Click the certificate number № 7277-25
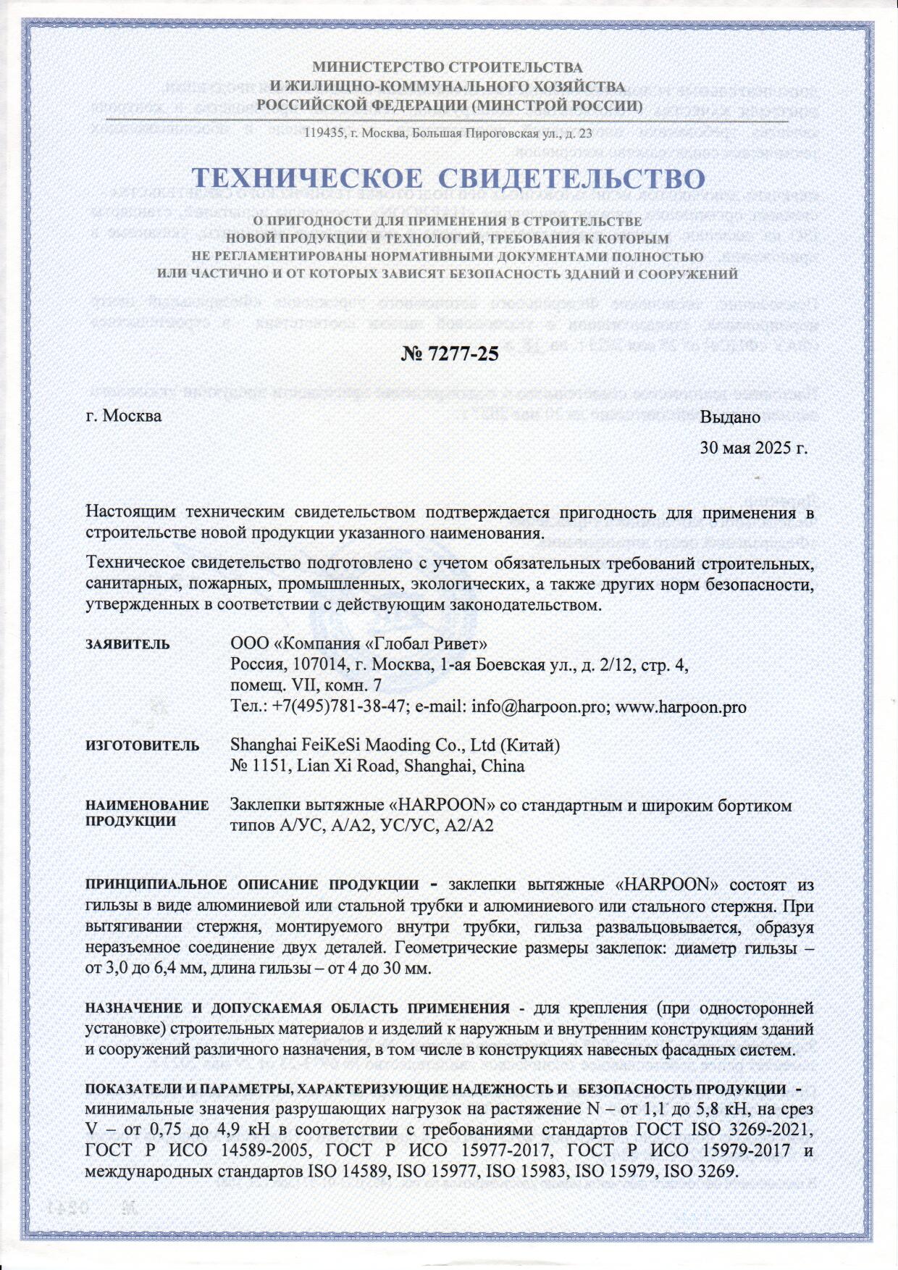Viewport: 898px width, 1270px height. [449, 354]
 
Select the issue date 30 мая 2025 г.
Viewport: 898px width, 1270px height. [753, 448]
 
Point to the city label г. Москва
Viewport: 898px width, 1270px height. [124, 417]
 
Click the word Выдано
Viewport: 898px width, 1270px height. [730, 417]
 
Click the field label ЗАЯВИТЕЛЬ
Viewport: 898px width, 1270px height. [128, 644]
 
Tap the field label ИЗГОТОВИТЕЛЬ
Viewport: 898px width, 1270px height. [143, 745]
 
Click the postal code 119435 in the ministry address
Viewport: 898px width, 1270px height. [321, 133]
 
